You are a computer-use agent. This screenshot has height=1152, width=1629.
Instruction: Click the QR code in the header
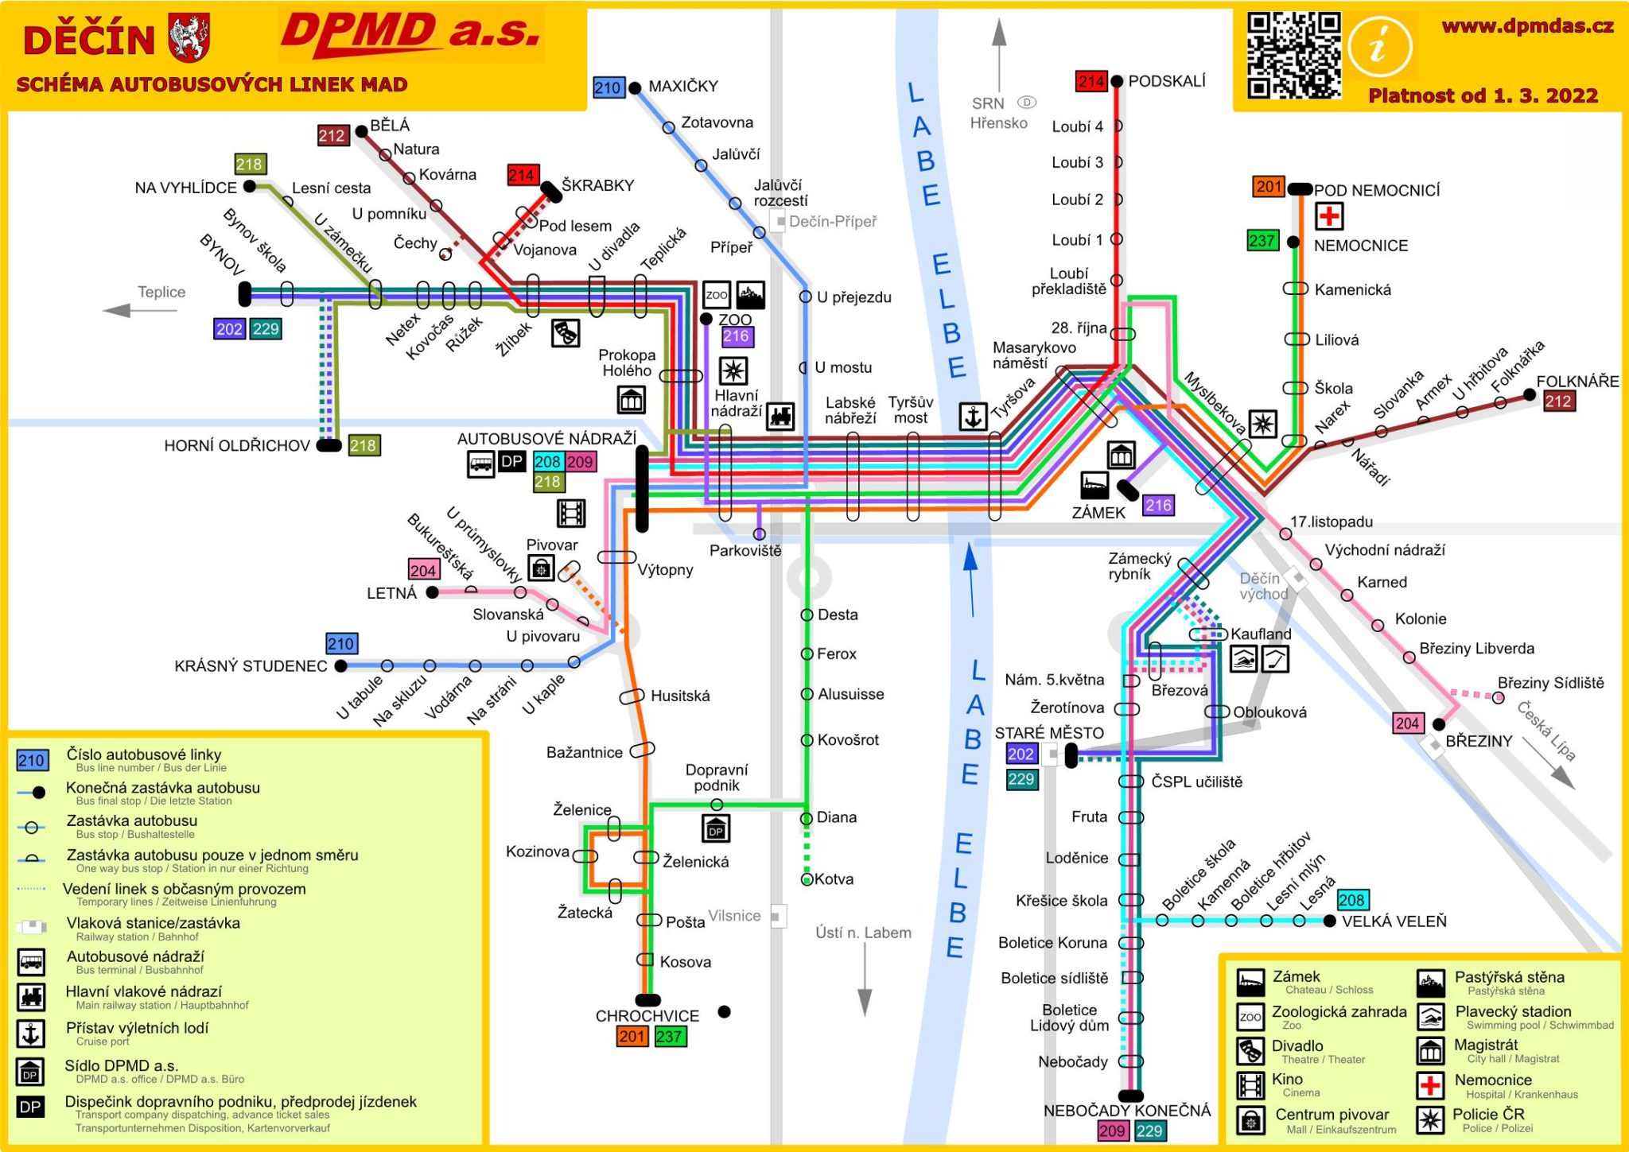[x=1293, y=55]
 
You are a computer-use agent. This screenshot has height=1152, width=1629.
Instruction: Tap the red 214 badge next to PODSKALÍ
[x=1091, y=81]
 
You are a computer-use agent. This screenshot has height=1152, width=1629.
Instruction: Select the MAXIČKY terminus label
[x=682, y=86]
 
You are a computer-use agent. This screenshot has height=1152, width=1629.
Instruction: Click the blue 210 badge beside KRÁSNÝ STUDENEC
[x=341, y=643]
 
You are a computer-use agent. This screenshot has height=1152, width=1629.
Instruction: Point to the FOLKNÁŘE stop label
[x=1577, y=381]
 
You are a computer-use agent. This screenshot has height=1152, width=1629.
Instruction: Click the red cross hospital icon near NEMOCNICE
[x=1328, y=215]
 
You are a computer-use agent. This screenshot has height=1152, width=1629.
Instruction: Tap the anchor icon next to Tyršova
[x=972, y=417]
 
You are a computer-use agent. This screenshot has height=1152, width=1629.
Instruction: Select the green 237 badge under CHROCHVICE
[x=669, y=1036]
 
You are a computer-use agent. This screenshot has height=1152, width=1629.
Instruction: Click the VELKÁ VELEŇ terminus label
[x=1394, y=921]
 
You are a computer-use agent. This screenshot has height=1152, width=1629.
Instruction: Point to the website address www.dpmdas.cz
[x=1527, y=26]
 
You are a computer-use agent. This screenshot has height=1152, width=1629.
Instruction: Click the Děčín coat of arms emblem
[x=189, y=37]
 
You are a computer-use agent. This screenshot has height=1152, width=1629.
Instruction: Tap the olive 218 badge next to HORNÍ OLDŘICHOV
[x=364, y=445]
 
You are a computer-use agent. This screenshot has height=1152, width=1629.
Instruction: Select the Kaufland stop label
[x=1261, y=634]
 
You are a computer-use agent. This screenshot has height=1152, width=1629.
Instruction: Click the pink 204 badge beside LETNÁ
[x=423, y=570]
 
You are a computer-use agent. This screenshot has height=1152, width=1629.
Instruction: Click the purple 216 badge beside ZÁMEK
[x=1158, y=505]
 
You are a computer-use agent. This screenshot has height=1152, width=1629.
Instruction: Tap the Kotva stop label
[x=834, y=879]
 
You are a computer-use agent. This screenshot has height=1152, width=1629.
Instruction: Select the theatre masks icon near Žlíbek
[x=565, y=332]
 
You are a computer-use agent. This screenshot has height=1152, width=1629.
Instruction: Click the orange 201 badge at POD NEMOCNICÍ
[x=1268, y=187]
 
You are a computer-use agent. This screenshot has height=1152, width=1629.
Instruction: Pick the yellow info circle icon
[x=1380, y=48]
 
